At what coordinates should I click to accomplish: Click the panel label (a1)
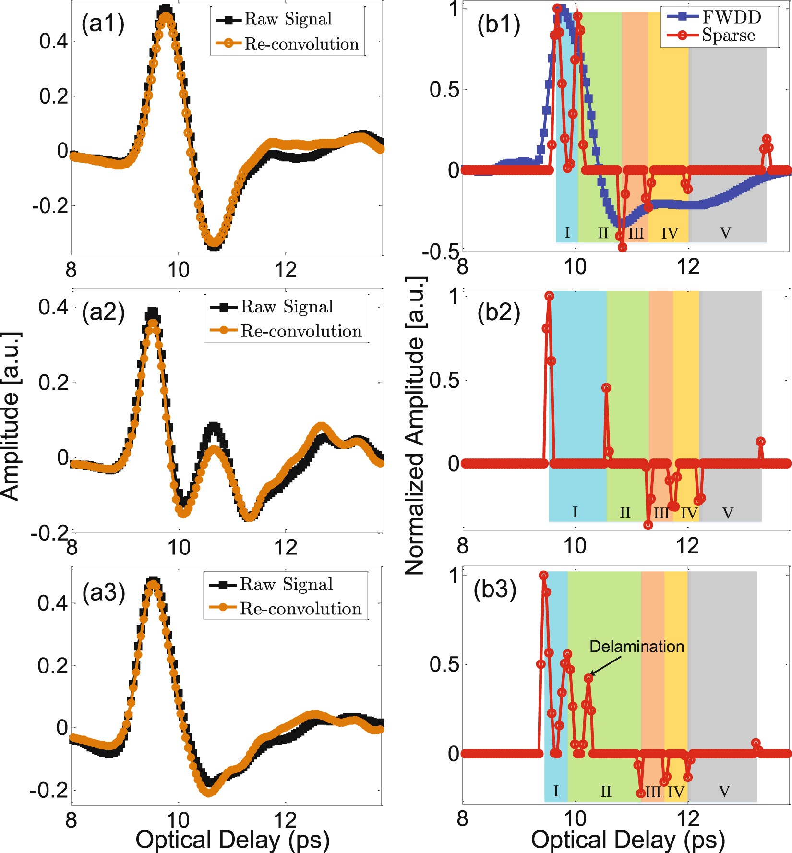click(x=103, y=24)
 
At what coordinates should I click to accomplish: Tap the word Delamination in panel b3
click(x=636, y=646)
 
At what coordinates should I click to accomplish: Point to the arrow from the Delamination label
click(x=607, y=666)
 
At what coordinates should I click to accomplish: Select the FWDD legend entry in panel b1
click(x=731, y=17)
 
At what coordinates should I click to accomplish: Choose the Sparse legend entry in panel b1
click(x=728, y=36)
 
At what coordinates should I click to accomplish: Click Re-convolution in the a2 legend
click(x=300, y=331)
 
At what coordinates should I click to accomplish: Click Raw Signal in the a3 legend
click(x=286, y=584)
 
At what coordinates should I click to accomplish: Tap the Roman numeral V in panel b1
click(x=725, y=233)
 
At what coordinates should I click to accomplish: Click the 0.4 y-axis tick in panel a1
click(x=53, y=41)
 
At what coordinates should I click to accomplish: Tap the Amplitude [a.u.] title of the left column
click(x=11, y=416)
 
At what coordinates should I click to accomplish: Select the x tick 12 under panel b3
click(x=688, y=817)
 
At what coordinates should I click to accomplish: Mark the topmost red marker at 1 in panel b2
click(x=549, y=296)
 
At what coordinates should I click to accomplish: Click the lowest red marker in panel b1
click(x=622, y=247)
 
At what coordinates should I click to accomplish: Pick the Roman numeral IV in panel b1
click(x=670, y=234)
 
